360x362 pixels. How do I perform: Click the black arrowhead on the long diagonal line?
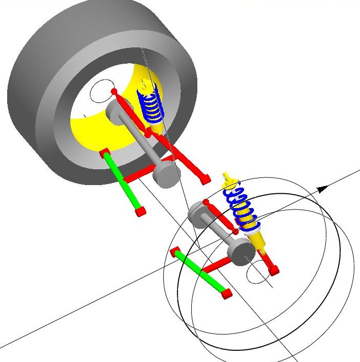[x=322, y=190]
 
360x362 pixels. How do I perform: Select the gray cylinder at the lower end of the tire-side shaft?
[x=164, y=176]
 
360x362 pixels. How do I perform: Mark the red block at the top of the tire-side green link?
[x=105, y=153]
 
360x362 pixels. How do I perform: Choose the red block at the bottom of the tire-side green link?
[x=140, y=211]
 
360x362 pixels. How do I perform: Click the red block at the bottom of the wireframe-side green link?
[x=226, y=294]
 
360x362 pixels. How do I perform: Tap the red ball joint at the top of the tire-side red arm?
[x=114, y=92]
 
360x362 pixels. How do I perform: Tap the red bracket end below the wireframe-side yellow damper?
[x=274, y=270]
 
